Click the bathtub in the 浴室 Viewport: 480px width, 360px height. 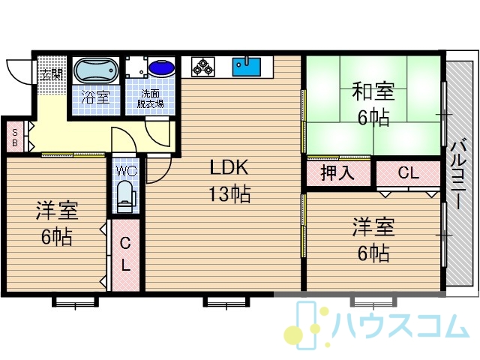pos(96,70)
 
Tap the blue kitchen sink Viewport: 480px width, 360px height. pos(247,67)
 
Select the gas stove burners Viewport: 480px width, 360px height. pos(202,67)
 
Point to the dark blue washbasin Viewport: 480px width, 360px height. pos(161,67)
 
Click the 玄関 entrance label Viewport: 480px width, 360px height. pos(52,74)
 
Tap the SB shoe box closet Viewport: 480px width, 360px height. pos(15,137)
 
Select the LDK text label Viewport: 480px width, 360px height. pos(229,167)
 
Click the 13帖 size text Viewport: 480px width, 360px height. pos(229,194)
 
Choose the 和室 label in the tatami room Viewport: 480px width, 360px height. pos(373,91)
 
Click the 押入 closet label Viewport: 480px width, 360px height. pos(337,173)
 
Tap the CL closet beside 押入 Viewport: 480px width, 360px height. pos(408,173)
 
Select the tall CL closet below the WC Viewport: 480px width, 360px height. pos(125,255)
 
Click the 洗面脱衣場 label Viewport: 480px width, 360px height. pos(150,99)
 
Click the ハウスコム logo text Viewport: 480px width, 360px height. pos(401,325)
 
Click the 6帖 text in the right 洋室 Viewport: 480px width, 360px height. pos(373,253)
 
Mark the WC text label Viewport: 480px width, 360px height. pos(127,171)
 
